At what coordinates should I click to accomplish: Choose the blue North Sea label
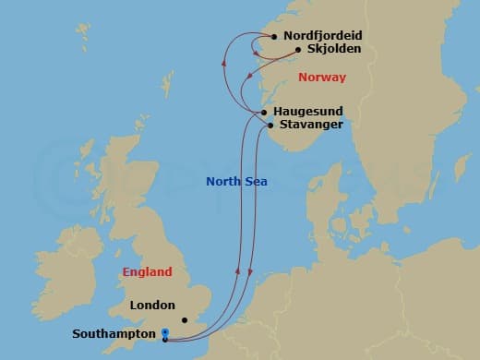(237, 182)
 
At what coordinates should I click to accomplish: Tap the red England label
(147, 272)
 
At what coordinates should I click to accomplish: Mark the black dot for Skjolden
(298, 51)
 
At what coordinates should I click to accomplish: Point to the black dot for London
(185, 319)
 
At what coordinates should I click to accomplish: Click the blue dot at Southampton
(164, 332)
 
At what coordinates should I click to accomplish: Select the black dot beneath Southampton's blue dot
(164, 339)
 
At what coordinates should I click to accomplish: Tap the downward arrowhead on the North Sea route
(250, 279)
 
